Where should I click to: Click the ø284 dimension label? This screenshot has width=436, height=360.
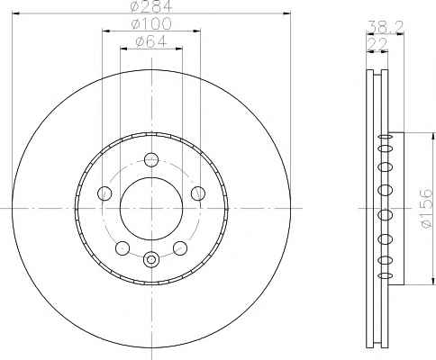[x=151, y=6]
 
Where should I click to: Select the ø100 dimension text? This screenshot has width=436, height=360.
[x=151, y=23]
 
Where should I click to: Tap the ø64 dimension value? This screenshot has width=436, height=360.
[x=151, y=41]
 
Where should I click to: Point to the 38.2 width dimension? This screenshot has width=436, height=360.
[x=386, y=27]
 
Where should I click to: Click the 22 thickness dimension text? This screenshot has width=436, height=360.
[x=377, y=44]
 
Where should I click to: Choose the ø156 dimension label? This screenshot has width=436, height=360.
[x=427, y=209]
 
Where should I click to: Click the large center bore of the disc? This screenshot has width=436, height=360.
[x=151, y=208]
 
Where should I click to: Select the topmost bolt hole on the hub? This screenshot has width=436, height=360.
[x=151, y=159]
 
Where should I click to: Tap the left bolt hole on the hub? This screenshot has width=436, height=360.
[x=104, y=193]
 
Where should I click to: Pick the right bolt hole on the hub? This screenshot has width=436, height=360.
[x=198, y=193]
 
